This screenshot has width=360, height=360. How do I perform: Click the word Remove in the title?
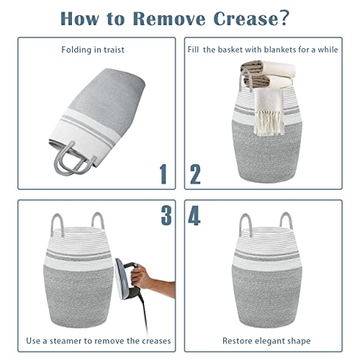[169, 18]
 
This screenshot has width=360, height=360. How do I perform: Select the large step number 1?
[163, 174]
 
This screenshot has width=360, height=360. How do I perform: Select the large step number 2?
[195, 174]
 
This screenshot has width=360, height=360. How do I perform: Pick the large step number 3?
[166, 215]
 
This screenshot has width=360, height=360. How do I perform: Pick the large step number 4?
[194, 215]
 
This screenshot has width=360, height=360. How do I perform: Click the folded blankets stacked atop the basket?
[269, 74]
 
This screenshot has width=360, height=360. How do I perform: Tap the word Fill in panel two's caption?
[193, 50]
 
